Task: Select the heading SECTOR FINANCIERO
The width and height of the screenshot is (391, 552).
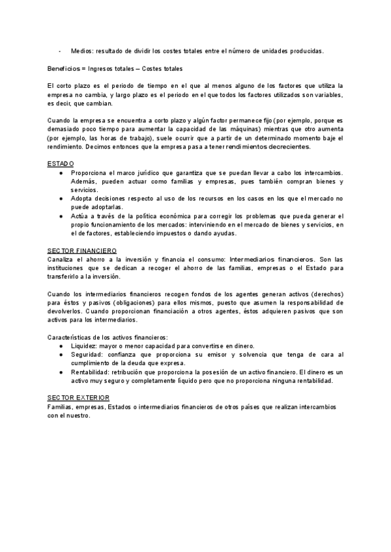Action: [82, 251]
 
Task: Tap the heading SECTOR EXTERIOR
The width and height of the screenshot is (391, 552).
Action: [78, 398]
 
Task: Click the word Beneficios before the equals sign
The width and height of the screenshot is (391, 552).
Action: [63, 69]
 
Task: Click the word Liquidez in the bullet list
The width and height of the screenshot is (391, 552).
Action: [83, 346]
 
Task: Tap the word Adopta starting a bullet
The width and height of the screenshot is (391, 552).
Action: [82, 197]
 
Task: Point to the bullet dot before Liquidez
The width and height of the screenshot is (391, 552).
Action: [60, 346]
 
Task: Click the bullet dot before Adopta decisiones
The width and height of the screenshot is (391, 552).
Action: [60, 197]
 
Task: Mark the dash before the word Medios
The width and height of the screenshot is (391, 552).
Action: [59, 51]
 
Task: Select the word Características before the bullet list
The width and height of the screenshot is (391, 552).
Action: [74, 337]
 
